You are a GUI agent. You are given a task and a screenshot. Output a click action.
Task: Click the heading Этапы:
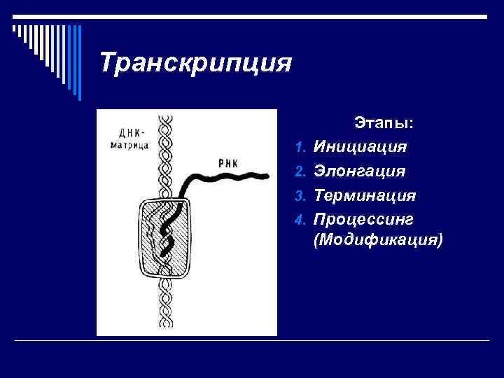coord(384,123)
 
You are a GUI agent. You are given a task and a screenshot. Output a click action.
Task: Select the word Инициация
coord(360,147)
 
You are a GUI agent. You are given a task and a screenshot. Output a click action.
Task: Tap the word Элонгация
coord(360,171)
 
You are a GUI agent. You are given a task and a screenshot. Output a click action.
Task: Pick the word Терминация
coord(365,195)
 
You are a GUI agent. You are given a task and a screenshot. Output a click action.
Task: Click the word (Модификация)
coord(379,240)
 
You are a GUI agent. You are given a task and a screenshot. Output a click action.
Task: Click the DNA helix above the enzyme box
coord(167,154)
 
